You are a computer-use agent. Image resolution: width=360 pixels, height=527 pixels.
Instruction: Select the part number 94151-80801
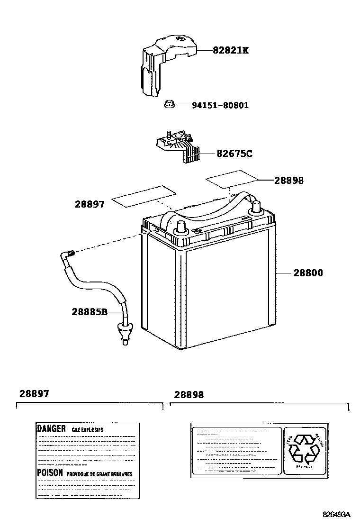pyautogui.click(x=220, y=105)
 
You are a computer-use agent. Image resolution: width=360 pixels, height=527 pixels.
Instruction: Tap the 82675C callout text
pyautogui.click(x=234, y=154)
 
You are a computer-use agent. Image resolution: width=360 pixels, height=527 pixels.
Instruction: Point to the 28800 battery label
pyautogui.click(x=308, y=273)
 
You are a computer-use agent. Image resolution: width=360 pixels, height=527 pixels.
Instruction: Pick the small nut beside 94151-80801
pyautogui.click(x=169, y=104)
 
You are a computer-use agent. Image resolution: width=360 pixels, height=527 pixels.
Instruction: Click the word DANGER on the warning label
pyautogui.click(x=51, y=428)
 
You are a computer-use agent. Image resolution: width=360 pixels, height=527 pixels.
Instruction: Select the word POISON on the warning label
pyautogui.click(x=50, y=473)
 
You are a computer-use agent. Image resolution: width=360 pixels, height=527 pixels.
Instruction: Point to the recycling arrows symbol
pyautogui.click(x=304, y=448)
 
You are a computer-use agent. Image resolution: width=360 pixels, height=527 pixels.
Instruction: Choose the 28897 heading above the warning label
pyautogui.click(x=34, y=394)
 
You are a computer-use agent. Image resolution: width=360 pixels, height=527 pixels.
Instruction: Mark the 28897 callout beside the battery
pyautogui.click(x=89, y=204)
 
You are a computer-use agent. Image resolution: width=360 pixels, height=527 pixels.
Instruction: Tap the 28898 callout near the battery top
pyautogui.click(x=289, y=181)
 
